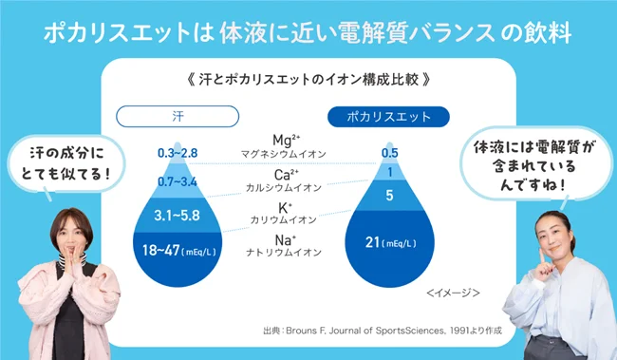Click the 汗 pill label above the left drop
(x=178, y=116)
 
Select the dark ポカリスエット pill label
(x=387, y=116)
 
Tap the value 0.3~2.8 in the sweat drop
(x=178, y=153)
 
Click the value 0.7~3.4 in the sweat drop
(x=178, y=181)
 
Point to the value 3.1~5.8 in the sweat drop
(x=178, y=216)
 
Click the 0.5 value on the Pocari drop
(x=389, y=153)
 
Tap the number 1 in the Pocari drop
(x=389, y=173)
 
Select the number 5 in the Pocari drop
(x=389, y=197)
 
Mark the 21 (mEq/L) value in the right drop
(x=389, y=243)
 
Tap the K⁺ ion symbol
(x=284, y=206)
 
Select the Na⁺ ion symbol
(x=285, y=239)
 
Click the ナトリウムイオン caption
(x=285, y=254)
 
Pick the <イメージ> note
(x=453, y=293)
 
